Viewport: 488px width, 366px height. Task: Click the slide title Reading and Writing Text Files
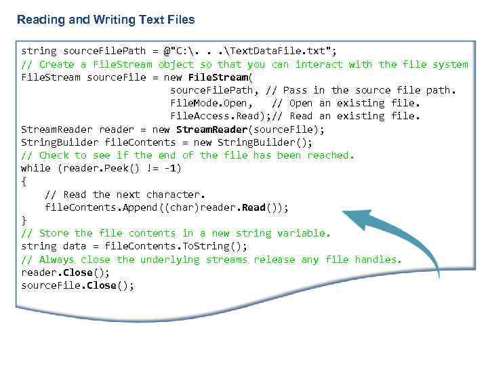pos(106,20)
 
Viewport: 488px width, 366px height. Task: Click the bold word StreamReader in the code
pos(206,129)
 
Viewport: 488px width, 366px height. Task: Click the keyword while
pos(35,168)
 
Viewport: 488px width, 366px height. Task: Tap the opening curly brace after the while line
pos(24,181)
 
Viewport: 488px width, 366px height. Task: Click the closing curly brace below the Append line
pos(24,220)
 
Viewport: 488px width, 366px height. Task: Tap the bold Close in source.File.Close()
pos(102,285)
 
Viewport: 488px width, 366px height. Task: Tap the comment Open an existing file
pos(346,103)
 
